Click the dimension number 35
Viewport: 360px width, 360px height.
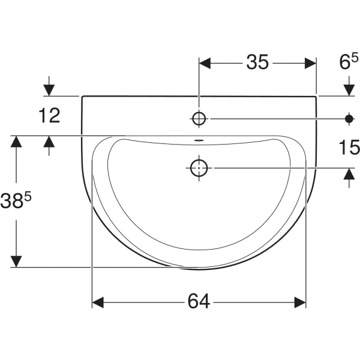257,62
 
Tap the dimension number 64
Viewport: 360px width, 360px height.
199,301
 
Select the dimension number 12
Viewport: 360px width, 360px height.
49,115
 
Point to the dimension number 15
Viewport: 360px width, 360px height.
349,147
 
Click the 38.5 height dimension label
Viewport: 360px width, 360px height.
16,200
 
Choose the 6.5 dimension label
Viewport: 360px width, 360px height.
349,61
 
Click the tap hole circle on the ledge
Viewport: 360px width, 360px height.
199,119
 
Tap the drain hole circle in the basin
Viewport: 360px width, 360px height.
199,168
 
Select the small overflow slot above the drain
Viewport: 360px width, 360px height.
199,140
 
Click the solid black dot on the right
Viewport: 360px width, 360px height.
349,119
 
